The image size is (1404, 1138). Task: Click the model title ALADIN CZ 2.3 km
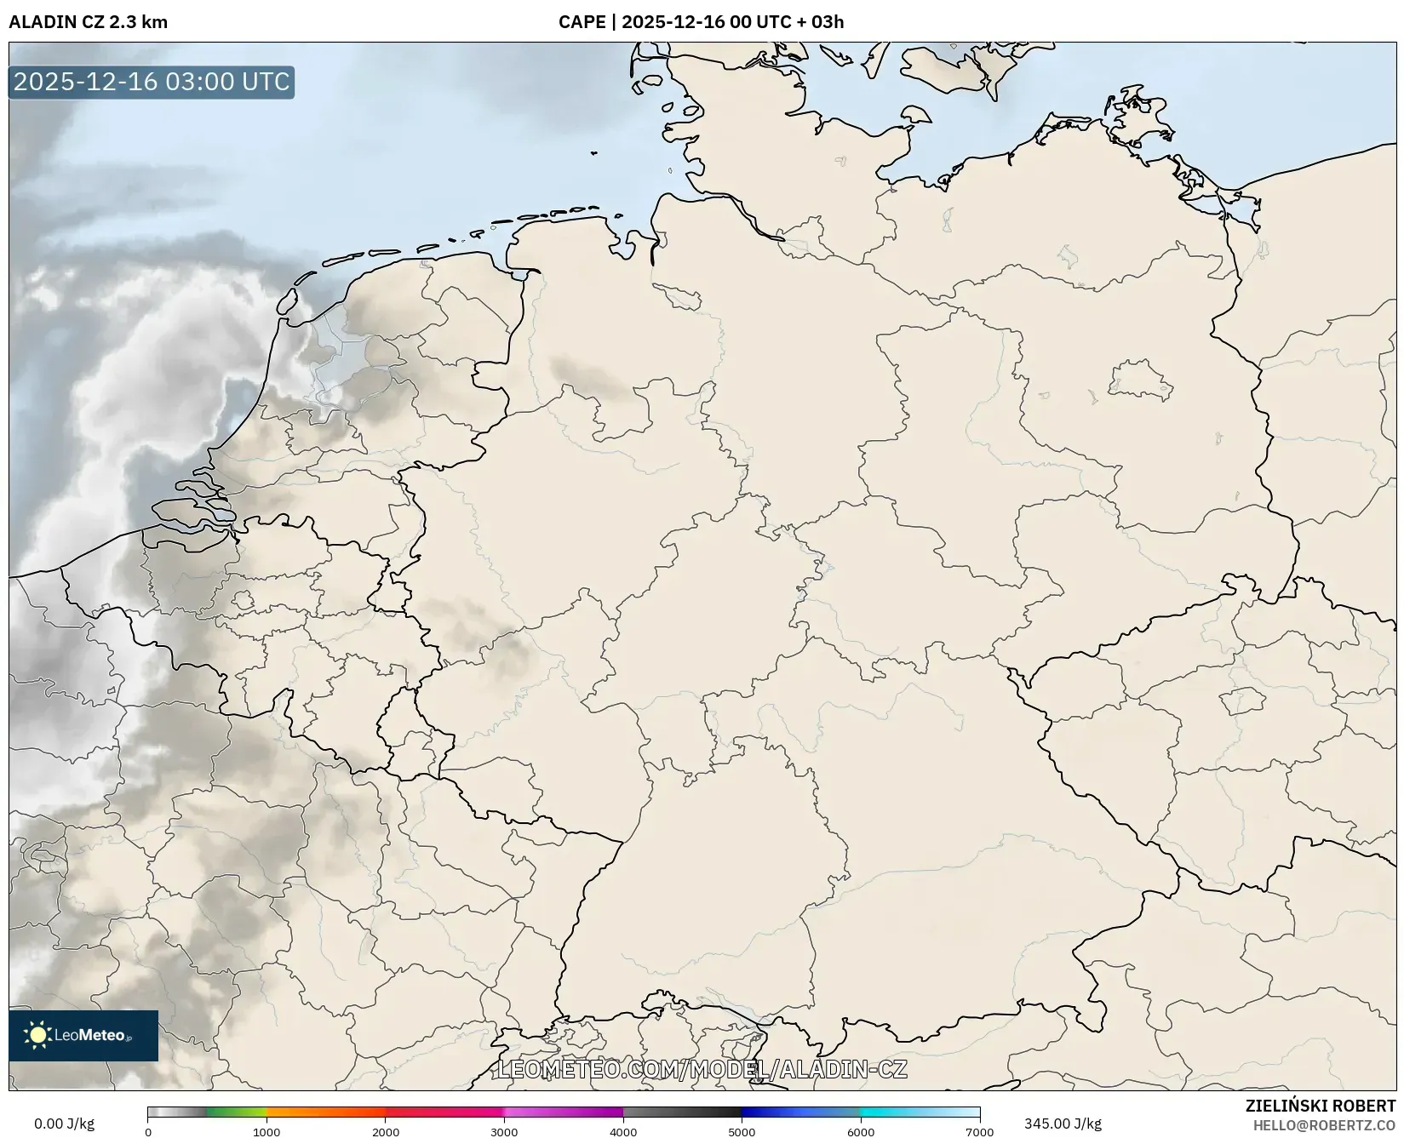(89, 22)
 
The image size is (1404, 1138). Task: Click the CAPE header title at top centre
(701, 22)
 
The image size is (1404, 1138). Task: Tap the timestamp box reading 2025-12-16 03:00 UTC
(152, 82)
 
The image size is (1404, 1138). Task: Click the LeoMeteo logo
(83, 1035)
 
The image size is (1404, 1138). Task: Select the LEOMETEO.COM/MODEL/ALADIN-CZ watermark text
(702, 1069)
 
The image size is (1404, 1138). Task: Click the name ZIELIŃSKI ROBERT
(1321, 1107)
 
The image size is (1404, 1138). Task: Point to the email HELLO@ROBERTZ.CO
(1324, 1125)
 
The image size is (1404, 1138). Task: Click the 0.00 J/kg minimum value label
(65, 1124)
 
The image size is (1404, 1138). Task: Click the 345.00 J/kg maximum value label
(1063, 1124)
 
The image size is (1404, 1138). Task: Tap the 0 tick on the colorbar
(148, 1132)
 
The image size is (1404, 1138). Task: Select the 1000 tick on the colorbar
(266, 1132)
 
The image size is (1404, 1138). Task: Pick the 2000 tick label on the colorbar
(386, 1132)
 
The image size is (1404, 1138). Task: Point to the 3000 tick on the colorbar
(504, 1132)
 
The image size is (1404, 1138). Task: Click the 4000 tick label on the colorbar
(623, 1132)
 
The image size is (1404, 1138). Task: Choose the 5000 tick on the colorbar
(742, 1132)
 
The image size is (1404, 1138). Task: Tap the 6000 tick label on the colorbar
(861, 1132)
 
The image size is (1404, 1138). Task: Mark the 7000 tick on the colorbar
(979, 1132)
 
